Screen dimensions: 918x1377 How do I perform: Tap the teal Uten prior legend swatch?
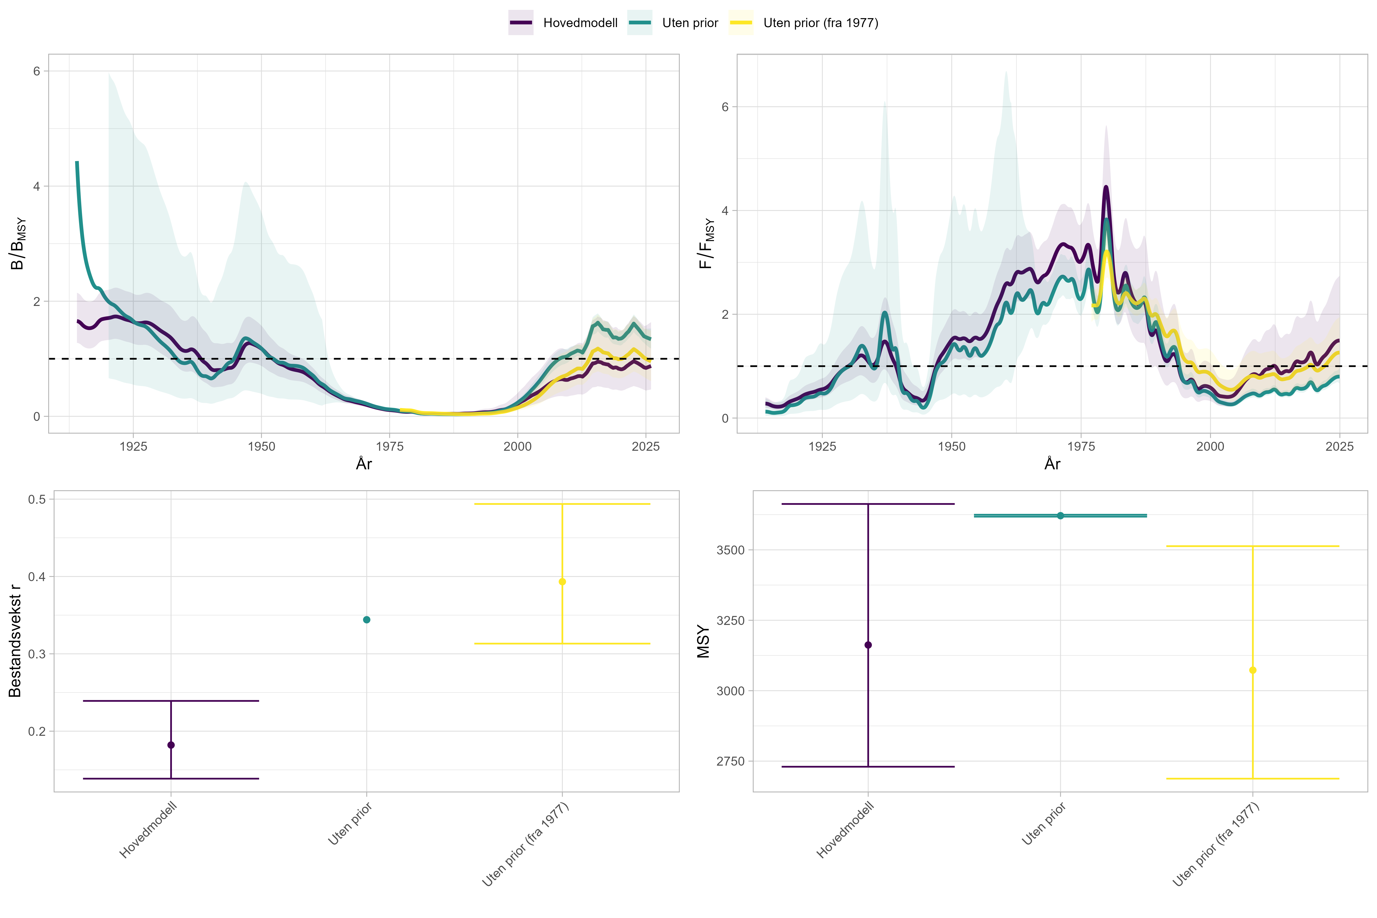(x=639, y=23)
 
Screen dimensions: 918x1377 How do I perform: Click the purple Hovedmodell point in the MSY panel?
(x=868, y=645)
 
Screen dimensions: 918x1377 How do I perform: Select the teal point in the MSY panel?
(x=1060, y=516)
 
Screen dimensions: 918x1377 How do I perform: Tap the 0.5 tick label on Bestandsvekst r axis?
(x=37, y=499)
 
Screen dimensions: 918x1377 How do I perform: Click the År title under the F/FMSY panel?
(x=1052, y=464)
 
